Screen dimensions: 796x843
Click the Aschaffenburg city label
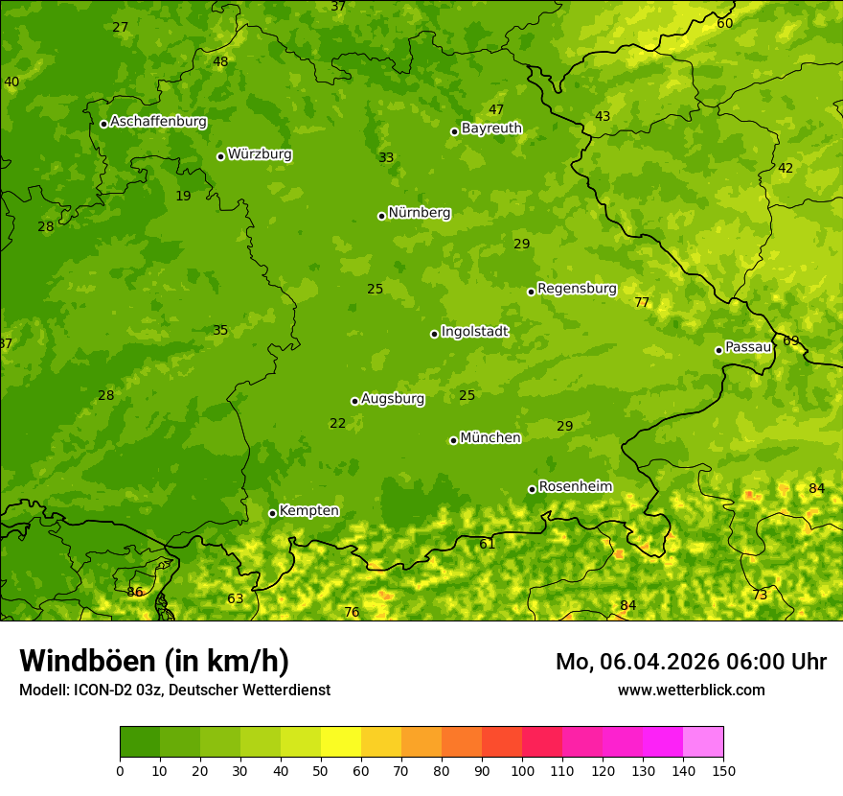coord(158,122)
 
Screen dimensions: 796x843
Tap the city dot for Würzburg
coord(220,156)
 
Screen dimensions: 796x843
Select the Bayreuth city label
coord(491,128)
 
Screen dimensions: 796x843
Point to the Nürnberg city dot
coord(381,216)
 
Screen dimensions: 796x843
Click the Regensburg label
coord(577,288)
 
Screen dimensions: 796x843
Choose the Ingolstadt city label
coord(474,331)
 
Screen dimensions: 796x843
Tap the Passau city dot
coord(718,350)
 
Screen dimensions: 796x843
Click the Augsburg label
coord(393,398)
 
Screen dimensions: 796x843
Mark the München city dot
coord(453,440)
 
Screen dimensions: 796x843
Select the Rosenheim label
coord(575,486)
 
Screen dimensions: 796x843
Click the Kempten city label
coord(308,510)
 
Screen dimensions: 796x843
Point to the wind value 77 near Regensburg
coord(642,302)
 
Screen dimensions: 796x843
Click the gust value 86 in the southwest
coord(135,592)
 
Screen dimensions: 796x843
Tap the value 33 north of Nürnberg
coord(386,157)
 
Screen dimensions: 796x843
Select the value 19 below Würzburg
coord(183,196)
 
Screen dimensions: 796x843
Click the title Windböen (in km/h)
coord(154,661)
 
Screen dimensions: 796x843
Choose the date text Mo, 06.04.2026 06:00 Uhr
coord(691,662)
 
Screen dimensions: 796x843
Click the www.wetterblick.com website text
coord(691,690)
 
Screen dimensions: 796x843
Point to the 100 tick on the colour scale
coord(522,770)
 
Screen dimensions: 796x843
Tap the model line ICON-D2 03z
coord(174,690)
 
